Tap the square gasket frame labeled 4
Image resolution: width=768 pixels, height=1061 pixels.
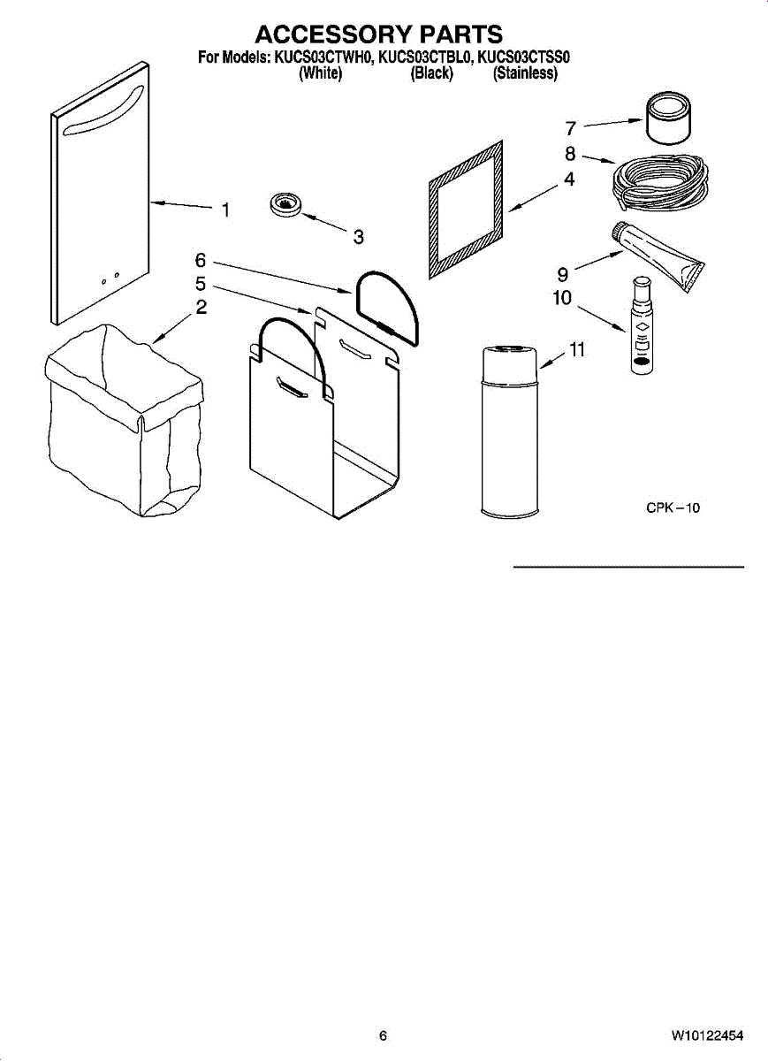(x=467, y=208)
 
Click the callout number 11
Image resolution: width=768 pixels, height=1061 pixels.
(x=576, y=350)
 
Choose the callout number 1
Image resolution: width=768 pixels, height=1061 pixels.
(x=226, y=210)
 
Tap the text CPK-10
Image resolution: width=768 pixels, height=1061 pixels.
(x=673, y=508)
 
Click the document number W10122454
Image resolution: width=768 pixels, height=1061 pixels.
(x=706, y=1035)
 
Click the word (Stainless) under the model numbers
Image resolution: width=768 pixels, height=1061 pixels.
(x=526, y=74)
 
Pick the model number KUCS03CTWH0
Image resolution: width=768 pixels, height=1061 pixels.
(x=323, y=59)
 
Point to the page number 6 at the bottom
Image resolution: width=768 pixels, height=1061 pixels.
(x=383, y=1035)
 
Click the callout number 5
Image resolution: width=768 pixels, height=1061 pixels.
(x=201, y=284)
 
